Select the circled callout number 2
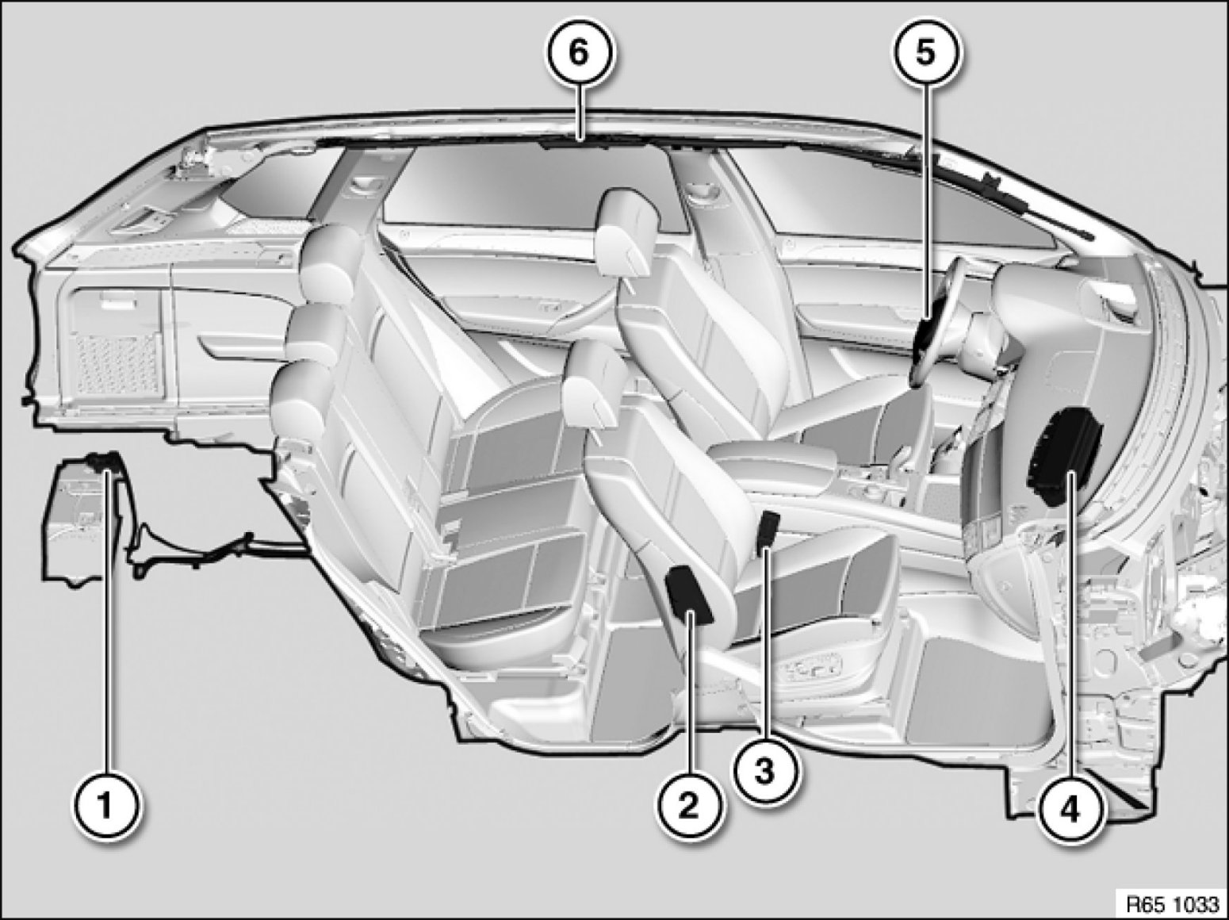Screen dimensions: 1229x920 689,806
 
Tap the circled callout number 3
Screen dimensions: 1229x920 765,771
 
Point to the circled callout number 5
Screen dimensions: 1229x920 925,54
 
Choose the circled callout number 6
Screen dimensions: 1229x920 580,54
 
